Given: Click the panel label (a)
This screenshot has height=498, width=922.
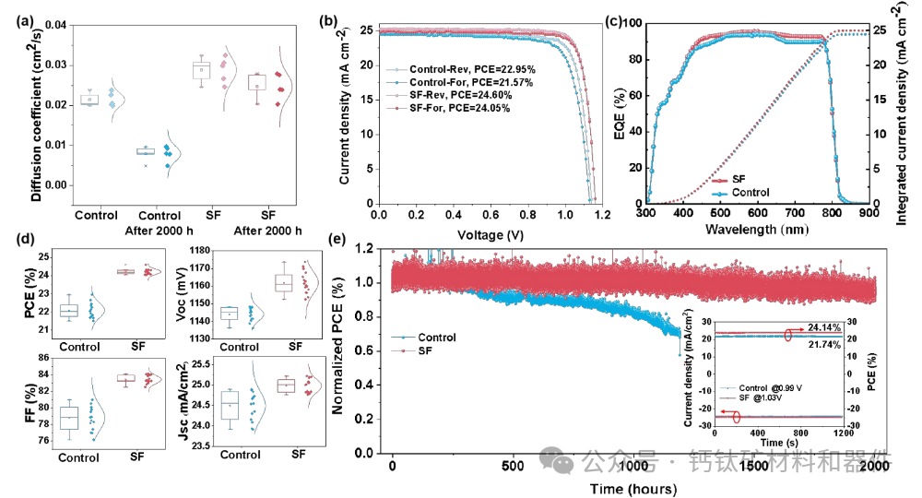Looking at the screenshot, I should [19, 13].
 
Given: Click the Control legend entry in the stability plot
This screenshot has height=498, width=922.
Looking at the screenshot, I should [436, 338].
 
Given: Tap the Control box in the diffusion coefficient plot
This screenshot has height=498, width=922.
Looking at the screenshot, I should [89, 100].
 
